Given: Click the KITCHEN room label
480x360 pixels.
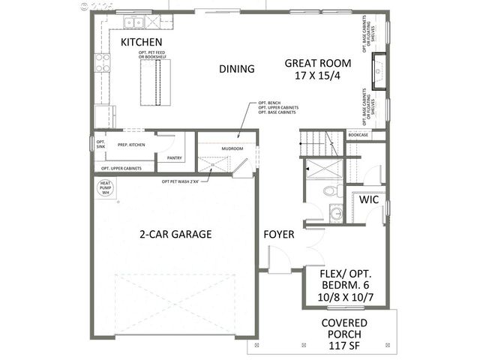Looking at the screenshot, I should pos(142,42).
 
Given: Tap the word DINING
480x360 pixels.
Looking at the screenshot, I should pos(237,69).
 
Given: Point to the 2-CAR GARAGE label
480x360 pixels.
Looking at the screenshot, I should pos(175,234).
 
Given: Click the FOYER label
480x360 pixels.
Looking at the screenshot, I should pos(278,235).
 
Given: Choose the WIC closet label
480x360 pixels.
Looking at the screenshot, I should pos(368,201).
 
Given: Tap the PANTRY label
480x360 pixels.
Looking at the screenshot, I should pos(175,158).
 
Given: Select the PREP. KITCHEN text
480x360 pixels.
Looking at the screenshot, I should pos(130,144).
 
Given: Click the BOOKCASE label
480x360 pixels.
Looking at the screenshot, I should pos(358,135).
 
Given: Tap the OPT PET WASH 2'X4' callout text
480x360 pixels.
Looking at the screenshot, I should pos(184,181).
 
